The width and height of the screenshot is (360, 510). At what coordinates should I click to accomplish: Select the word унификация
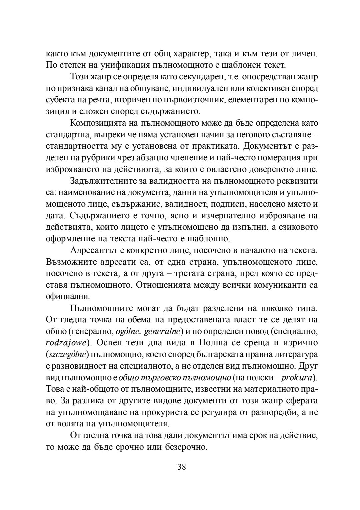(126, 65)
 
